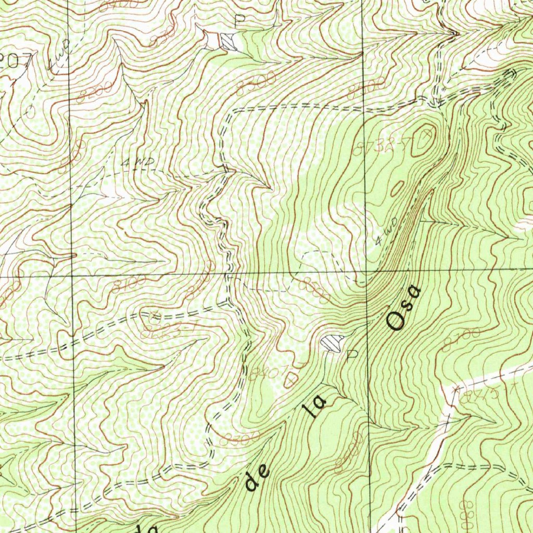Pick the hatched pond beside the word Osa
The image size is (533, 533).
coord(332,342)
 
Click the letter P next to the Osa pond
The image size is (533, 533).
coord(352,355)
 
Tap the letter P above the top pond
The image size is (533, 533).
coord(239,21)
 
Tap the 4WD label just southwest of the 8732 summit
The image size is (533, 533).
coord(386,232)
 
